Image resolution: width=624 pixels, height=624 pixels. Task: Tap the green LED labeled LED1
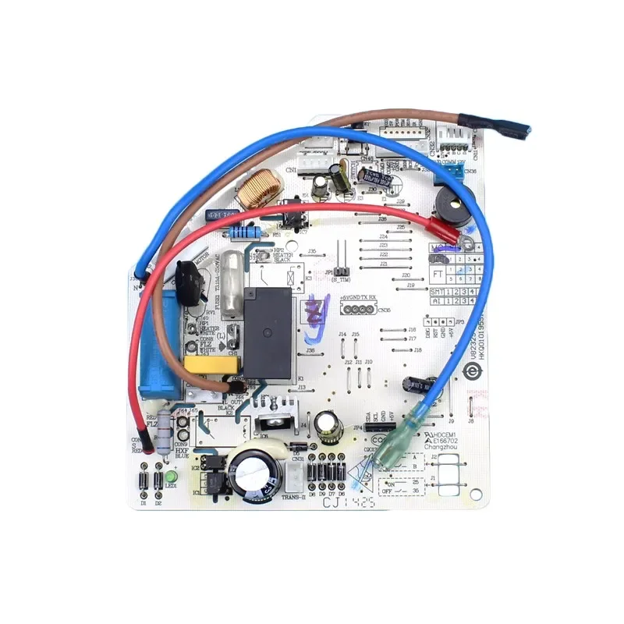point(171,475)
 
